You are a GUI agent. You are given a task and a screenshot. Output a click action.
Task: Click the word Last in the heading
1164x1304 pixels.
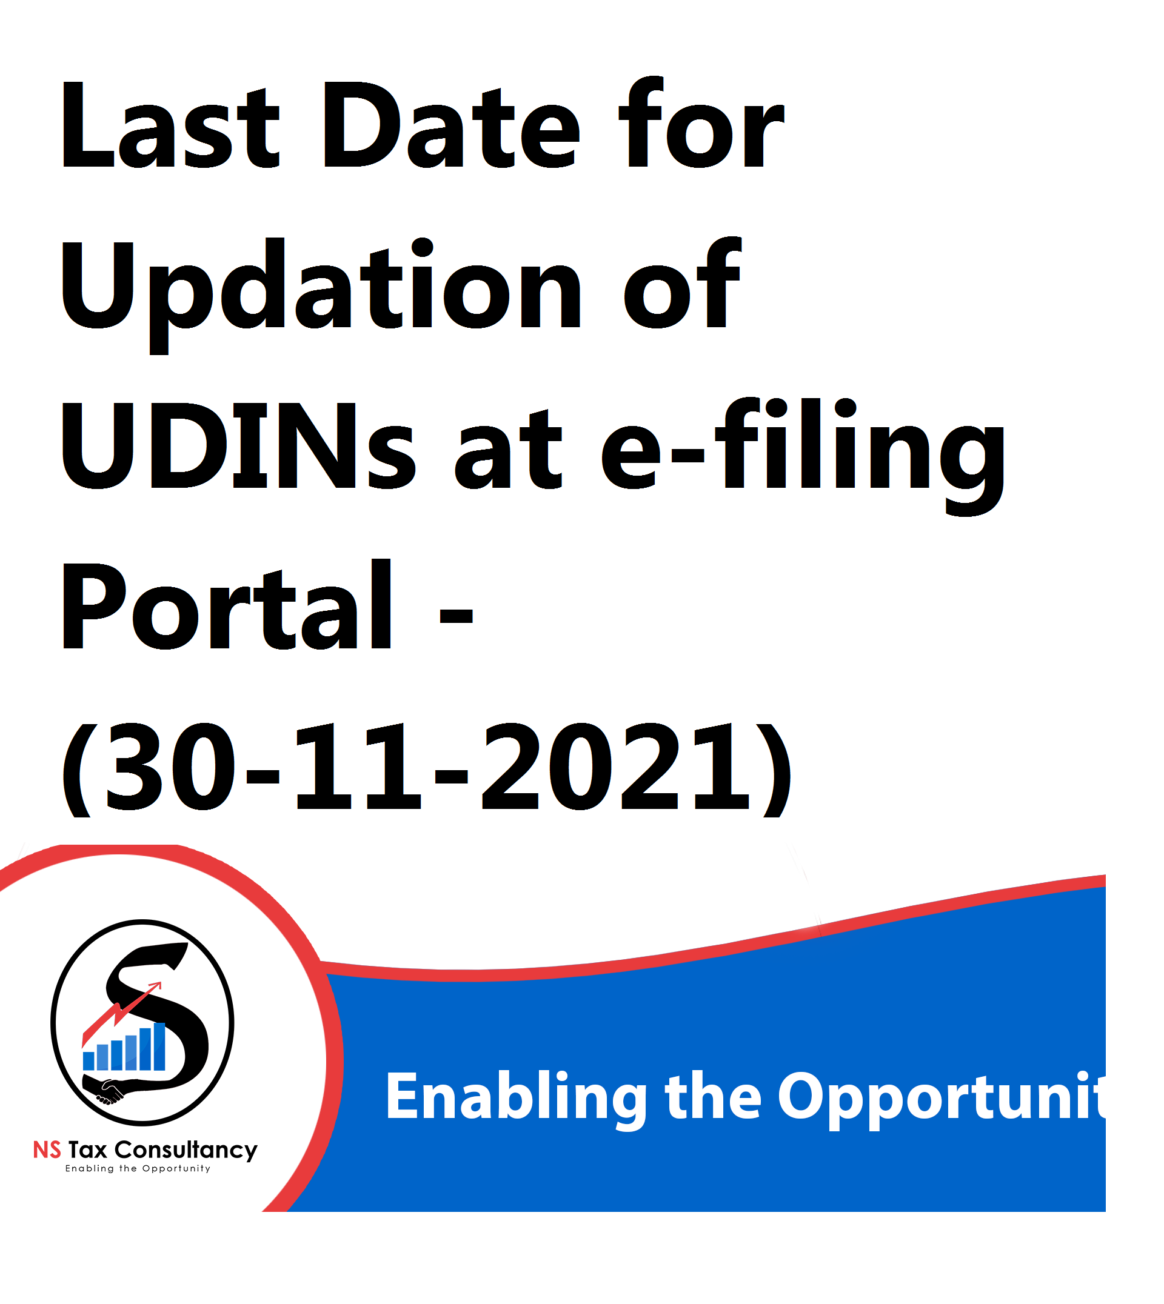click(x=170, y=125)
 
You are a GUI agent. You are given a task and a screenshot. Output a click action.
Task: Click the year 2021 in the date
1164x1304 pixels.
click(x=615, y=768)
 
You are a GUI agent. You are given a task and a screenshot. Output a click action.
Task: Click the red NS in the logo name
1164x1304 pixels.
click(x=47, y=1150)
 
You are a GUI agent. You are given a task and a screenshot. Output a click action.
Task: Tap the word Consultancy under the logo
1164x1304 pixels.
click(x=186, y=1151)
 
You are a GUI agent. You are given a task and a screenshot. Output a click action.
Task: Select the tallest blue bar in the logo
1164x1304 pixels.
click(x=160, y=1046)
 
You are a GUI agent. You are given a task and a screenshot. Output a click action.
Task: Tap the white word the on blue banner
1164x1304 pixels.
click(x=713, y=1096)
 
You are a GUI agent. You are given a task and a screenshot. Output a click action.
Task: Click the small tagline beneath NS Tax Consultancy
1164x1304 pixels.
click(x=138, y=1168)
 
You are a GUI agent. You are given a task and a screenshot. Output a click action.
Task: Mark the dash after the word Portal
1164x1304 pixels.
click(x=456, y=616)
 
